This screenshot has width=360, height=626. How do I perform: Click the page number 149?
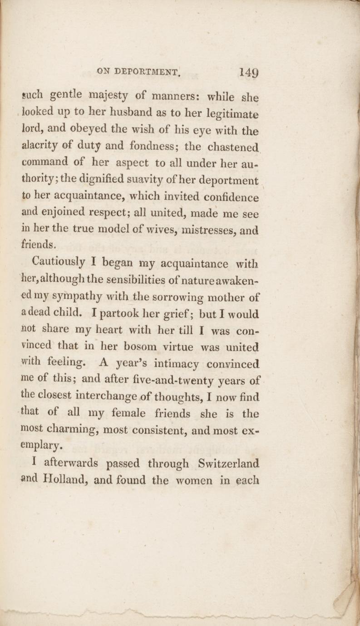pos(249,72)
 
